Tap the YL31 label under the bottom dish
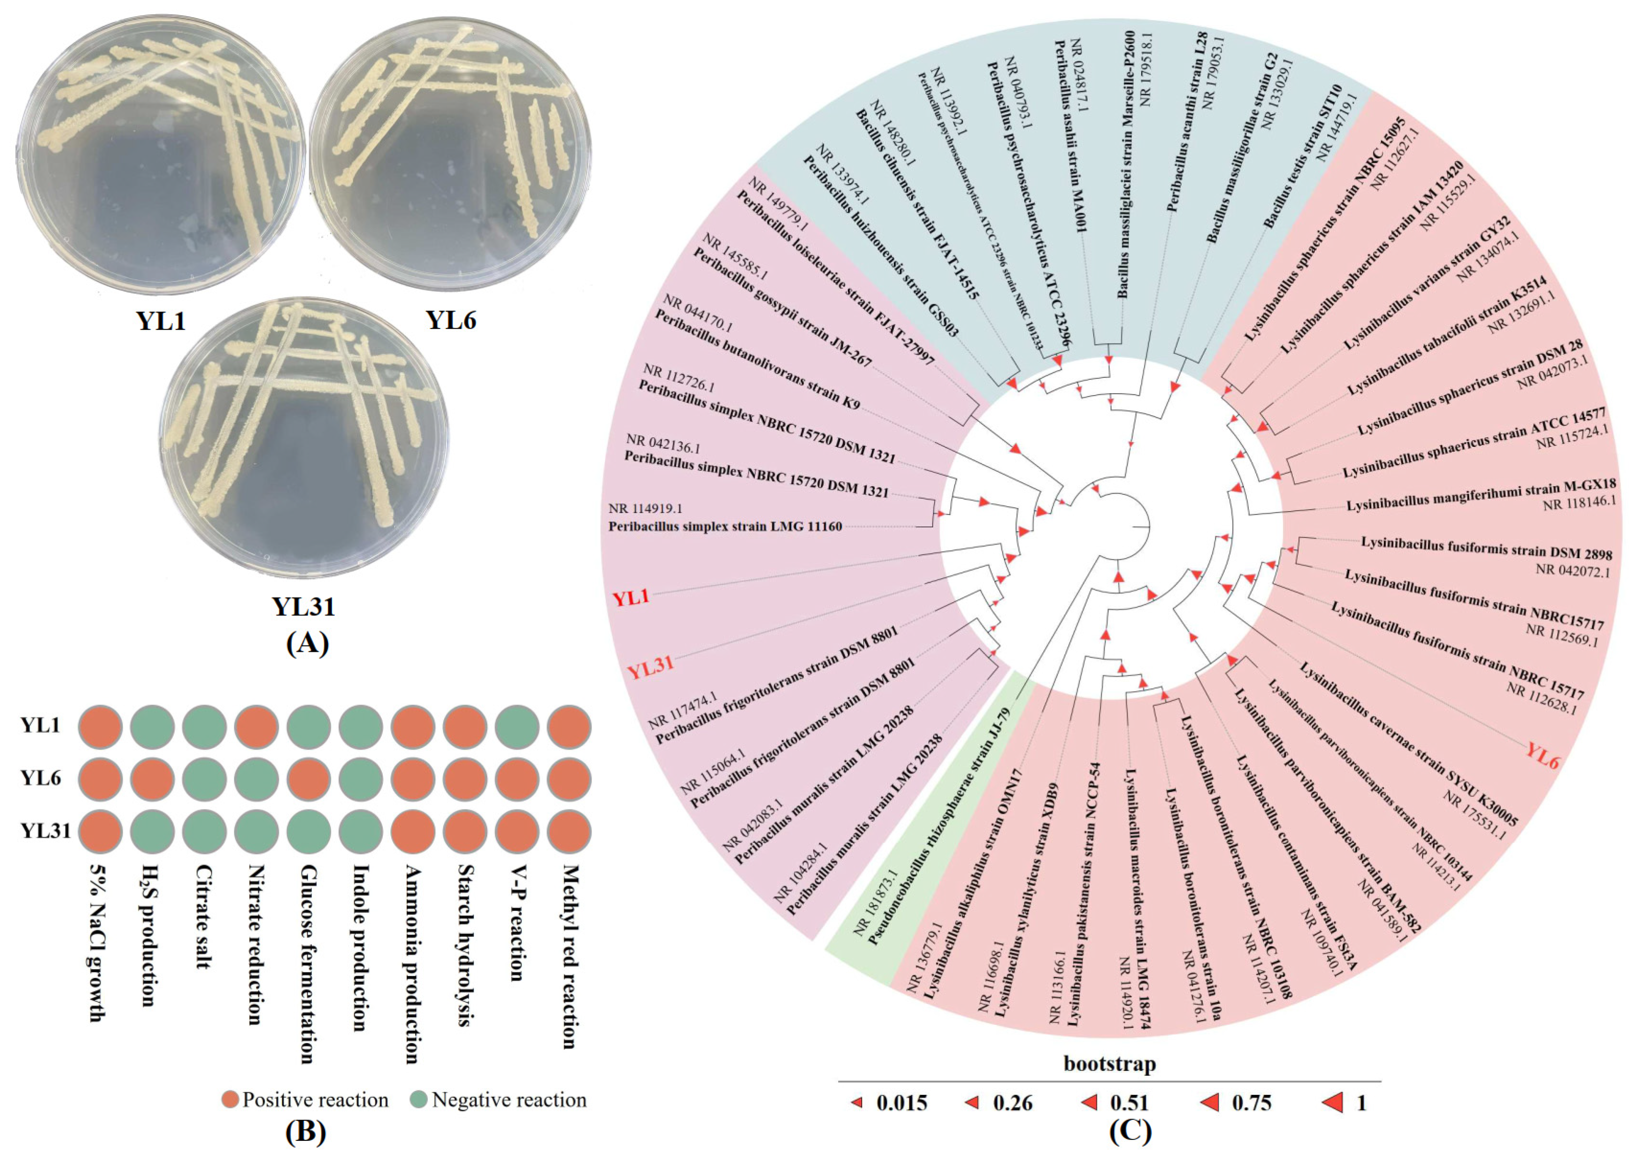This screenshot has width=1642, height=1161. (303, 607)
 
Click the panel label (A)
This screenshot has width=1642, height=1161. (307, 643)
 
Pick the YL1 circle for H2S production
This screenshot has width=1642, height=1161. (152, 726)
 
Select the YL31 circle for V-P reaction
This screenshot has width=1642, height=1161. (517, 832)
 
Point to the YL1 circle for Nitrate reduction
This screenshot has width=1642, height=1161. (256, 726)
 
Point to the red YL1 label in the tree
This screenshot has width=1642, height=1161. (631, 597)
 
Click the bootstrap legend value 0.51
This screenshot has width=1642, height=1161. (1129, 1103)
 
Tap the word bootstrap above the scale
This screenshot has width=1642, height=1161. (1109, 1064)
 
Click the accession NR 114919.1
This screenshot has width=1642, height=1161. (645, 508)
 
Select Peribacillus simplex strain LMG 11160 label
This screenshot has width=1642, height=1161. (724, 527)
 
